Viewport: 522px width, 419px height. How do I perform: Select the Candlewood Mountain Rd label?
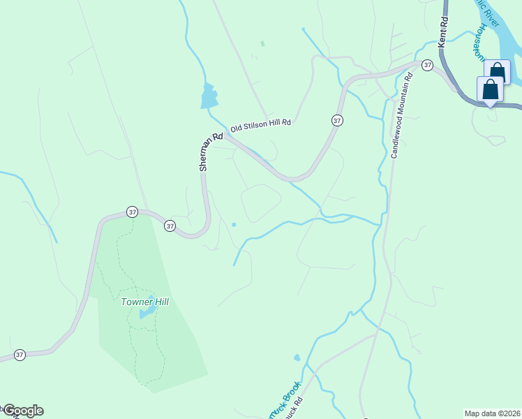402,114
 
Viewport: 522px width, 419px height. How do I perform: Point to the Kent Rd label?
442,33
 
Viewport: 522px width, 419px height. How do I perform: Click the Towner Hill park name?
144,302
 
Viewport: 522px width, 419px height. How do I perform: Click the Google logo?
23,411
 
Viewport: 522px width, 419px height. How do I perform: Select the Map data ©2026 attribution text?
492,413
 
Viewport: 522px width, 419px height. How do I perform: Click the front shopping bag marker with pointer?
491,89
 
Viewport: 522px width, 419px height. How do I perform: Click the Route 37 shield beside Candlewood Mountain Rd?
426,64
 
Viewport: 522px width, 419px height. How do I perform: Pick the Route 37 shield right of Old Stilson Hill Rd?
337,120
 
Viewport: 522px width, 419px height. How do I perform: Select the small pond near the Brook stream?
297,358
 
